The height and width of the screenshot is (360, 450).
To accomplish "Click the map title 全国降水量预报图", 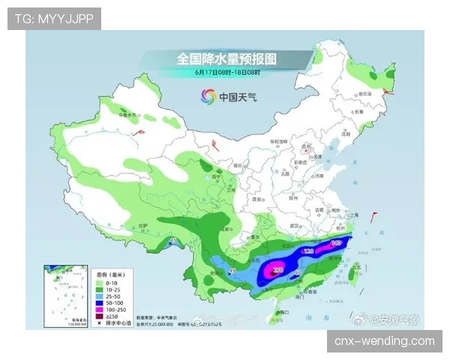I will click(x=226, y=58).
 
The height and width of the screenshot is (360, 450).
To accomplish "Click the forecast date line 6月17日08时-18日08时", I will click(x=226, y=73).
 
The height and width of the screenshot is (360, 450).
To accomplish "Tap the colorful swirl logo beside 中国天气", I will click(x=208, y=96).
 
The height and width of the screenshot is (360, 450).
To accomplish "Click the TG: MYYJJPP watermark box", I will click(x=54, y=18).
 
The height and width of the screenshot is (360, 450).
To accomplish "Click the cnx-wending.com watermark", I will click(x=383, y=341).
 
